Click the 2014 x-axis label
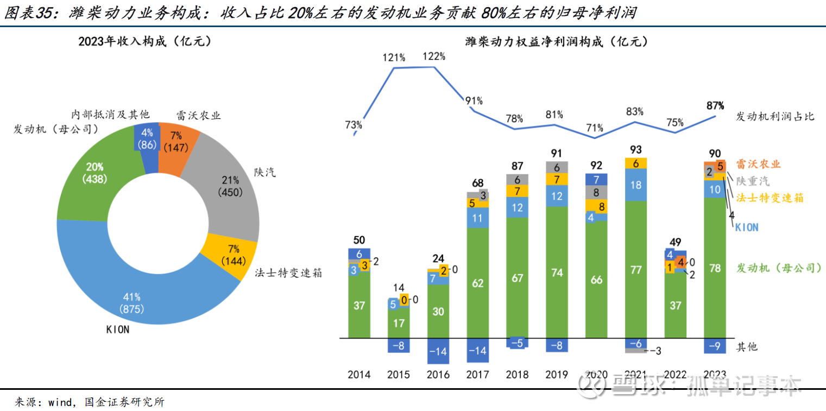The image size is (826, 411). (358, 375)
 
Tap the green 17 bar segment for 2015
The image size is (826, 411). (398, 323)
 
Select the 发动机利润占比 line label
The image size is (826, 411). (775, 116)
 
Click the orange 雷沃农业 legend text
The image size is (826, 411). (758, 164)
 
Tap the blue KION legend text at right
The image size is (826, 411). (746, 227)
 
